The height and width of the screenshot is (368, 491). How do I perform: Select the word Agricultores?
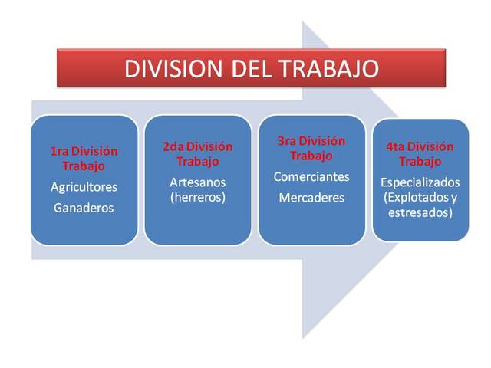click(x=84, y=186)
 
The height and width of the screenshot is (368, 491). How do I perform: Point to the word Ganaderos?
click(x=84, y=207)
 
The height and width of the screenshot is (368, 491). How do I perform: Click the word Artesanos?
click(x=197, y=182)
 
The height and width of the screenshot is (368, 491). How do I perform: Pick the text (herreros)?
click(x=197, y=196)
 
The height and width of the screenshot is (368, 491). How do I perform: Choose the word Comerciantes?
click(x=311, y=177)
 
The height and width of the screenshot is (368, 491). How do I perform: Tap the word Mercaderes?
click(x=311, y=198)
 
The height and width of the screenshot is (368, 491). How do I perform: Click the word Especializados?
click(x=420, y=182)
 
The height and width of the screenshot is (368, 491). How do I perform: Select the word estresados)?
click(x=420, y=212)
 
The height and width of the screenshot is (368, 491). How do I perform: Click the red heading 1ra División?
click(x=84, y=152)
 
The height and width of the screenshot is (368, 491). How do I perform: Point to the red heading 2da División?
click(x=197, y=147)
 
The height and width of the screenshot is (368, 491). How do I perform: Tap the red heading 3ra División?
click(x=311, y=142)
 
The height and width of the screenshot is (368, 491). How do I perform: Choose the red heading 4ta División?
click(x=420, y=147)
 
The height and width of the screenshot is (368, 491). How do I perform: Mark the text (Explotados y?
click(x=420, y=197)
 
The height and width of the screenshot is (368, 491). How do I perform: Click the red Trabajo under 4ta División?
click(x=420, y=162)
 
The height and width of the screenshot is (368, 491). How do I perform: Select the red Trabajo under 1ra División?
click(x=84, y=166)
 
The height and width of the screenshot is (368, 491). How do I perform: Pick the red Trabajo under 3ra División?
click(x=311, y=156)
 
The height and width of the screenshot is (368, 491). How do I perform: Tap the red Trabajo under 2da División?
click(x=197, y=162)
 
